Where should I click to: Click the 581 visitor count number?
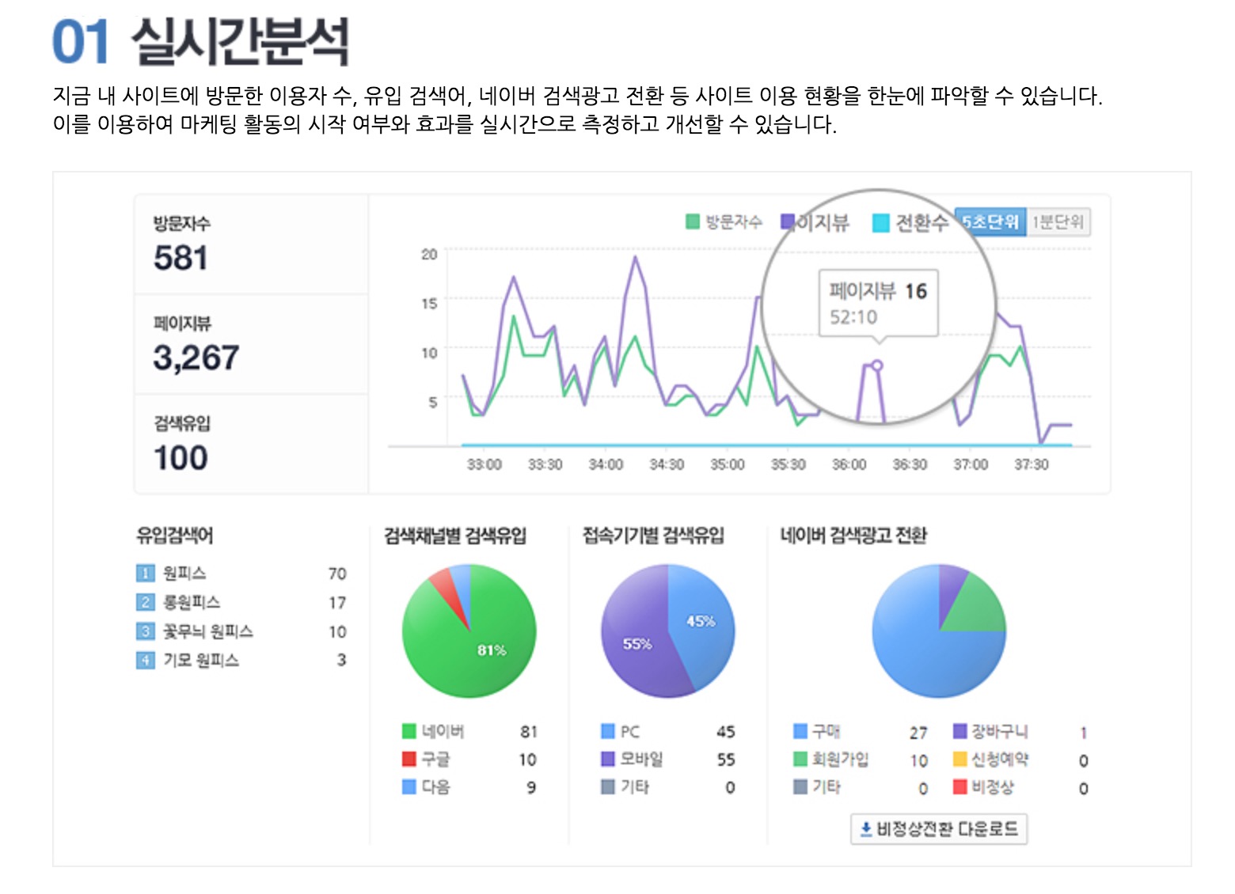point(180,258)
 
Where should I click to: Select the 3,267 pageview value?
point(196,358)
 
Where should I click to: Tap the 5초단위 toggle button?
point(990,222)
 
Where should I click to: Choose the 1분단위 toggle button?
point(1058,222)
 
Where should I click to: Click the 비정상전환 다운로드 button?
point(939,829)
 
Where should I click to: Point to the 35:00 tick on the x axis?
point(727,464)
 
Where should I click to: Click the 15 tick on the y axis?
point(429,303)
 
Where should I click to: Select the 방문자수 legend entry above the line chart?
point(724,222)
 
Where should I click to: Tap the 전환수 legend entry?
point(910,223)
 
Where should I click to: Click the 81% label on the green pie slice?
point(492,650)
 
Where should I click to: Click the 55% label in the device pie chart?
point(637,644)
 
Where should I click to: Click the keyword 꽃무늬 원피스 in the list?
point(207,631)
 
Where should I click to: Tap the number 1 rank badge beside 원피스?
point(145,573)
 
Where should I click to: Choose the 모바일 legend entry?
point(633,760)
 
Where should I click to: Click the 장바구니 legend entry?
point(991,732)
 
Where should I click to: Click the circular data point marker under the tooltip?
point(876,366)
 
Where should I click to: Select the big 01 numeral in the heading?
point(81,41)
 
